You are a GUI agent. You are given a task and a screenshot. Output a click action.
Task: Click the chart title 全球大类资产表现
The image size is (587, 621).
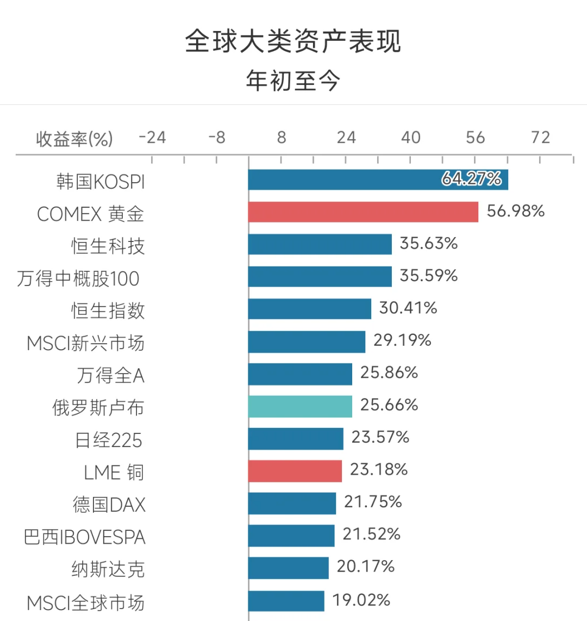293,42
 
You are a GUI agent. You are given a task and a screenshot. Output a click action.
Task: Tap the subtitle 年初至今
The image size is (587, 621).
293,81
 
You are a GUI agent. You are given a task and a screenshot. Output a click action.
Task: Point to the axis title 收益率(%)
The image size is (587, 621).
74,139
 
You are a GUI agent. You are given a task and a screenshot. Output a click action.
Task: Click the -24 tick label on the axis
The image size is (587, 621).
152,138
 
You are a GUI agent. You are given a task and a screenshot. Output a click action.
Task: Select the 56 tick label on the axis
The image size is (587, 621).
475,138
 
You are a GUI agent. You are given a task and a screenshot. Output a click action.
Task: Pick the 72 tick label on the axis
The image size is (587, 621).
540,138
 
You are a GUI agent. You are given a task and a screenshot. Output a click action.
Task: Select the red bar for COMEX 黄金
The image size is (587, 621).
363,212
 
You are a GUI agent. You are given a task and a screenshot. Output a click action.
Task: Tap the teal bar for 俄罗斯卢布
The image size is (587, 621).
300,406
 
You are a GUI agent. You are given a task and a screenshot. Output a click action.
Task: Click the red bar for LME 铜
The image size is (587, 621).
295,471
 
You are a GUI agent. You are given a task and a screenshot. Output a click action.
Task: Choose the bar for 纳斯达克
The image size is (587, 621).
289,568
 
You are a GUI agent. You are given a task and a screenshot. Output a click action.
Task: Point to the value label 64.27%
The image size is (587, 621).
471,179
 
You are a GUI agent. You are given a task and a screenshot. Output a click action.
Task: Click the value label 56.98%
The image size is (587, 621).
515,211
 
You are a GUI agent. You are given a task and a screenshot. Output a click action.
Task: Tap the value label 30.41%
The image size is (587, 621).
408,308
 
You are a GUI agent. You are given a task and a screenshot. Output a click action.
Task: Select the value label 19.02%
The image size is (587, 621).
361,600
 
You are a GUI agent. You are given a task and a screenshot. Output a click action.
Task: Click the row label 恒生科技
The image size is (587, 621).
108,246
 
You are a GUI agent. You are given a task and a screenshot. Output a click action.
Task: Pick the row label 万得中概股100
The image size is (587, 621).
78,278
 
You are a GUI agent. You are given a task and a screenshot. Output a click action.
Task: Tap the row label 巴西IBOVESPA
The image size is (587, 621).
85,537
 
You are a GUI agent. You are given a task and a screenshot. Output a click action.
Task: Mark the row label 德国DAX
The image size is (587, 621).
109,505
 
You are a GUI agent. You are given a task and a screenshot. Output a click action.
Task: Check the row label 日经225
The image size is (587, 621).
109,440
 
